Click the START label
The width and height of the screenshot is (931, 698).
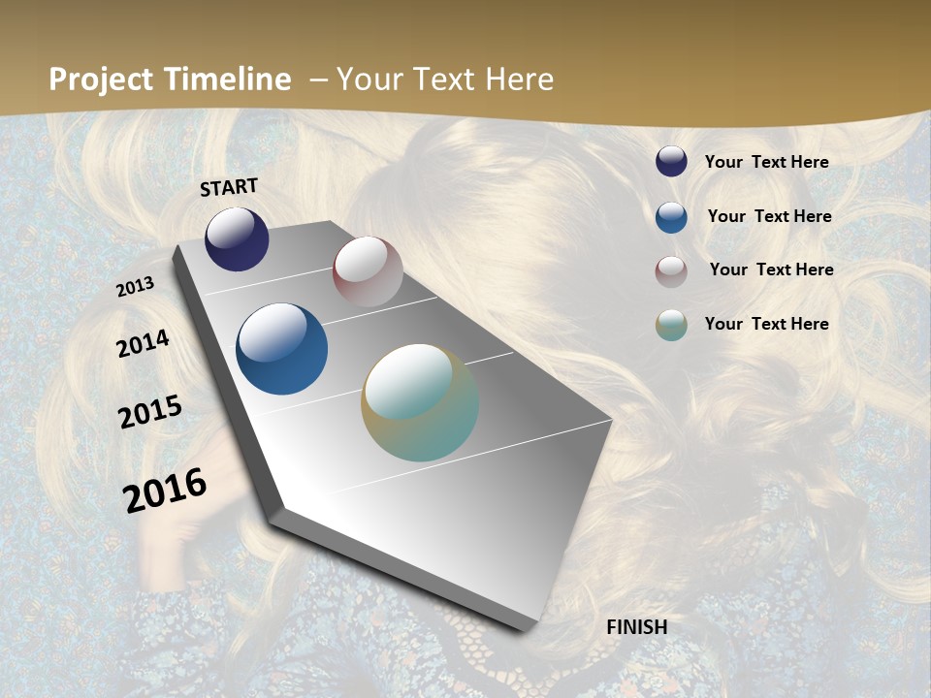click(229, 187)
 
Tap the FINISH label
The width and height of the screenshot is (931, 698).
click(637, 627)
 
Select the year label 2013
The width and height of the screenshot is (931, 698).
click(136, 287)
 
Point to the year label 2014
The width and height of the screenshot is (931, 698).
click(144, 343)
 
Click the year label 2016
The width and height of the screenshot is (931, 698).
click(165, 490)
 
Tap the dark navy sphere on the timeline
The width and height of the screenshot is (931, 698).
click(237, 239)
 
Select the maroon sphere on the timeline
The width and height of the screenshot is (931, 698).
click(368, 271)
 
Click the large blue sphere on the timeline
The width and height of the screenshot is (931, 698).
click(281, 349)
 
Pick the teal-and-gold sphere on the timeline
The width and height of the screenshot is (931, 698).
click(420, 402)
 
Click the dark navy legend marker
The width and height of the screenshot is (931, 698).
click(671, 162)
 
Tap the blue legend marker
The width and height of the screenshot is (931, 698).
click(671, 217)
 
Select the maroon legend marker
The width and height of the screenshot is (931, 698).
click(671, 271)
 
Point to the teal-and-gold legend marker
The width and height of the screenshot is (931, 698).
click(671, 325)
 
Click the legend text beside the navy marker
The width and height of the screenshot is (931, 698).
click(766, 162)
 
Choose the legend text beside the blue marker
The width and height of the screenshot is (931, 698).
click(769, 216)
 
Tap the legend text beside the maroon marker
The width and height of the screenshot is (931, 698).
click(771, 270)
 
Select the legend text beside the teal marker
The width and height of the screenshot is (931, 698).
click(766, 324)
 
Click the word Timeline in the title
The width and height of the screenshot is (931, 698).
click(227, 79)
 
